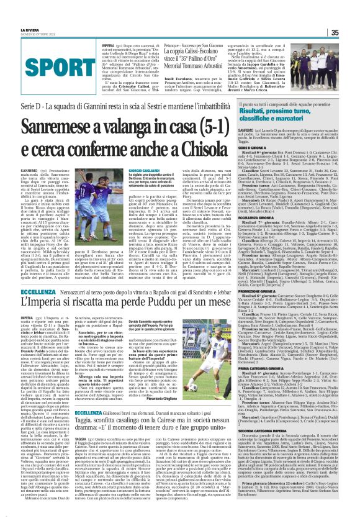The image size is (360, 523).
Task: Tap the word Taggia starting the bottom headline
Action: pos(92,421)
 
